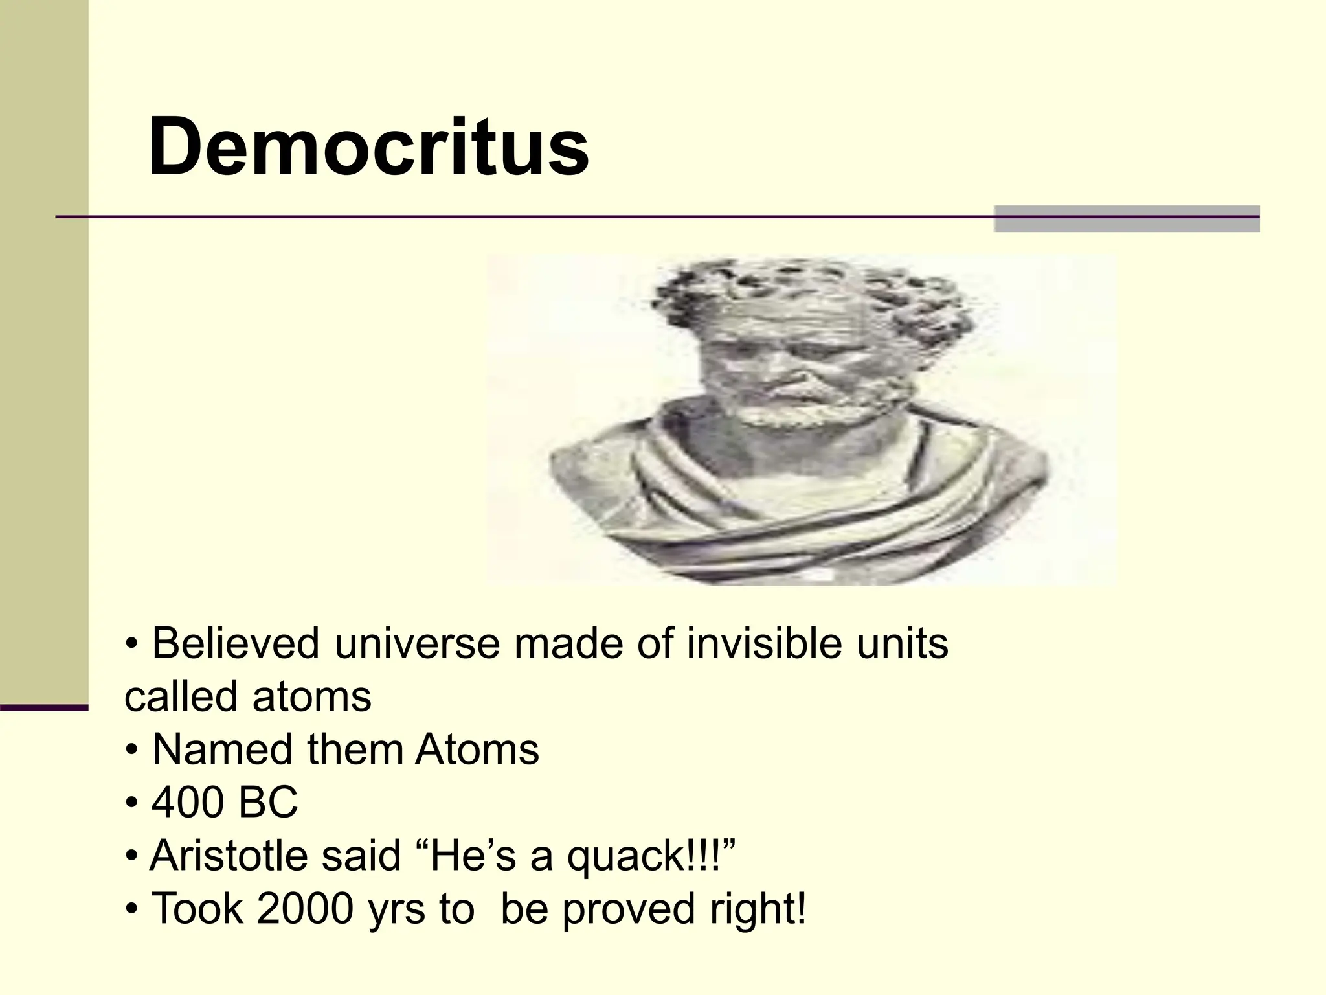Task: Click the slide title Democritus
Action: tap(368, 146)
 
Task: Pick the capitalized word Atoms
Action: tap(477, 750)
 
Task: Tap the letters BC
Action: tap(268, 803)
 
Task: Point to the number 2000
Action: tap(305, 909)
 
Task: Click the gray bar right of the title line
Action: tap(1127, 218)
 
